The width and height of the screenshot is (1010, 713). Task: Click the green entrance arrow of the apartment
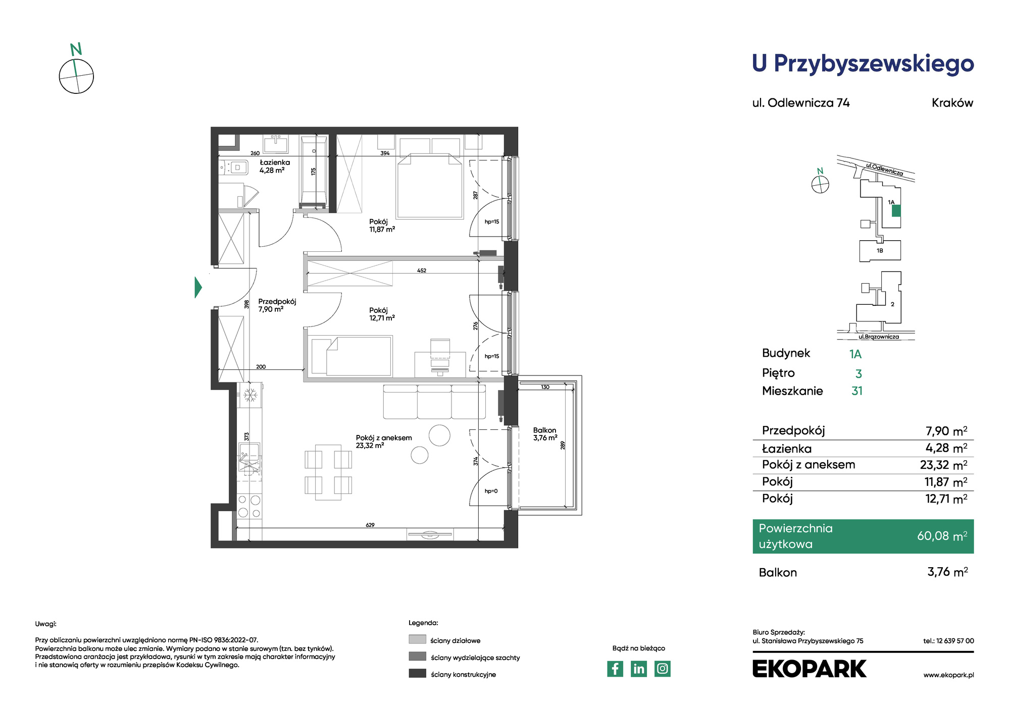click(x=198, y=287)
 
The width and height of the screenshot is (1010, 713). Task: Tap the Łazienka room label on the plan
click(x=275, y=162)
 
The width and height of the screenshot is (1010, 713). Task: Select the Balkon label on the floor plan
click(x=544, y=430)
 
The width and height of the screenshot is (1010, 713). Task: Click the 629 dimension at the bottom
click(x=370, y=525)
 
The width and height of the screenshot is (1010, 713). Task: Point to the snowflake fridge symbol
click(x=250, y=395)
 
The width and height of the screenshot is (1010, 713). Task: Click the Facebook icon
click(x=615, y=669)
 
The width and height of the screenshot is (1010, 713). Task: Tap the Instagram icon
click(x=663, y=669)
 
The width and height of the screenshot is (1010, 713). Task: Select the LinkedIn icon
click(x=639, y=669)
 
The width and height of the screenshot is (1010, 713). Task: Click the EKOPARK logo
click(x=810, y=669)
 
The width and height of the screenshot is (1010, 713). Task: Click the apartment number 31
click(x=857, y=391)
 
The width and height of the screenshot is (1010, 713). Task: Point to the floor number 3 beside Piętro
click(x=858, y=374)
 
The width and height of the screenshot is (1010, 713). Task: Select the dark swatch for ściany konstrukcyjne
click(x=417, y=673)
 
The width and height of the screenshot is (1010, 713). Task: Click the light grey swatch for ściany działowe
click(x=417, y=639)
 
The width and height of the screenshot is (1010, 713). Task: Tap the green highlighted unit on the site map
click(x=896, y=210)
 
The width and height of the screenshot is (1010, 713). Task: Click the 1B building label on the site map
click(x=880, y=251)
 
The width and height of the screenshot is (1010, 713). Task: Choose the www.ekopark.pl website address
click(x=948, y=675)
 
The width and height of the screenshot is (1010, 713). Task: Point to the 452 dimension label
click(x=422, y=270)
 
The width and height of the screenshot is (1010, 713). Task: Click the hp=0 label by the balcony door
click(x=491, y=491)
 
